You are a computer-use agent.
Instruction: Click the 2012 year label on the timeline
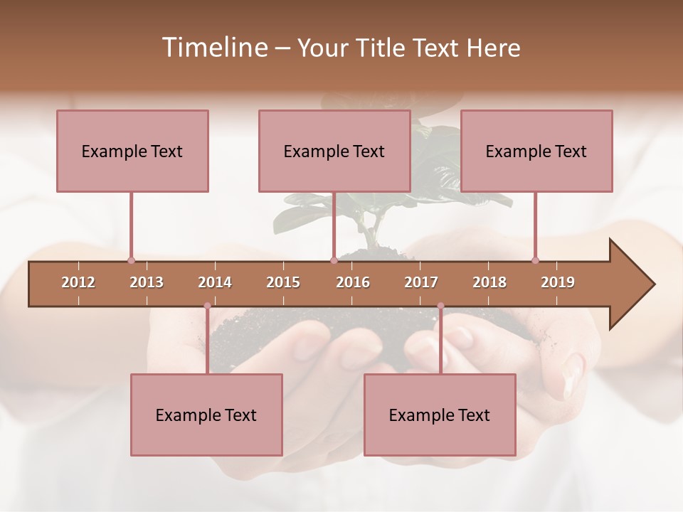[78, 282]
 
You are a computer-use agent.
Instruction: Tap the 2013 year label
[147, 282]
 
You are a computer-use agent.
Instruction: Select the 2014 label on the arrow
[215, 282]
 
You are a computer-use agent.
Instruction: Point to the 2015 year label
[283, 282]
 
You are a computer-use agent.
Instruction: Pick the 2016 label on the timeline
[353, 282]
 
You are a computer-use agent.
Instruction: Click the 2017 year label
[421, 282]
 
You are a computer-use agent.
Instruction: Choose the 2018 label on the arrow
[489, 282]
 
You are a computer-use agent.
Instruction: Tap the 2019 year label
[558, 282]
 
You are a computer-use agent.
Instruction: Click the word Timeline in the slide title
[213, 48]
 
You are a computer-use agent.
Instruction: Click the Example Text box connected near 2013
[132, 151]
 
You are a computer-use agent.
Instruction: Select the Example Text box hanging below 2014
[206, 415]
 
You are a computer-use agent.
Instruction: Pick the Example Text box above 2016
[334, 151]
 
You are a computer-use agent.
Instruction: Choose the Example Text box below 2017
[440, 415]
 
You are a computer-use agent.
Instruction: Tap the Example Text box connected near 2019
[536, 151]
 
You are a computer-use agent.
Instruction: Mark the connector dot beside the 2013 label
[131, 260]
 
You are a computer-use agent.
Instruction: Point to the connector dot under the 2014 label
[207, 306]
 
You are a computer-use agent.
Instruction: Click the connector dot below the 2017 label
[440, 306]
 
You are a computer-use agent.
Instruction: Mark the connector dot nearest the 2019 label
[535, 260]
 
